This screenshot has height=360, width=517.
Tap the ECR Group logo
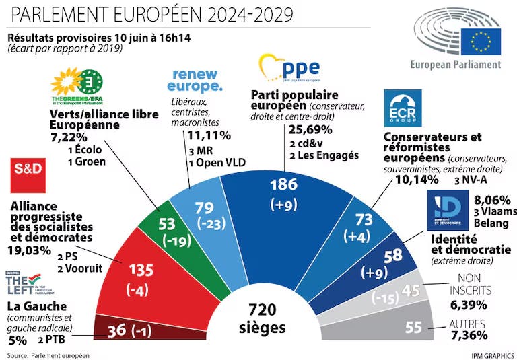click(x=403, y=109)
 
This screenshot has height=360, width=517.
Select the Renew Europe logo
click(x=197, y=80)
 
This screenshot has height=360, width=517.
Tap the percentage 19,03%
click(x=29, y=250)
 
